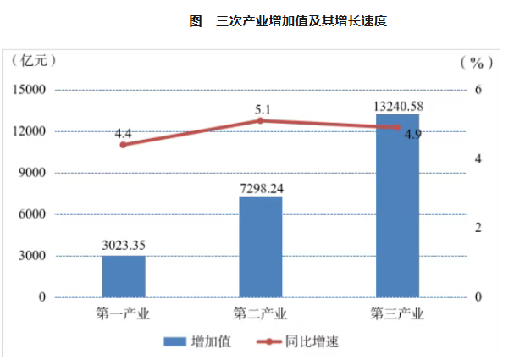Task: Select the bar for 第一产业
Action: click(x=124, y=276)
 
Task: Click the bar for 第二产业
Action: click(x=261, y=246)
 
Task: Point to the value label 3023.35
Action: click(x=124, y=246)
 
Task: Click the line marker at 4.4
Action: click(x=124, y=145)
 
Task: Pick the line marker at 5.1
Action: click(x=261, y=120)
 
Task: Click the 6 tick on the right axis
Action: click(x=478, y=90)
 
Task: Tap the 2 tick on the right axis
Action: click(x=478, y=228)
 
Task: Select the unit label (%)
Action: click(x=476, y=62)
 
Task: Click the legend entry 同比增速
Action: click(x=299, y=341)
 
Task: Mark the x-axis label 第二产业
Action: click(x=261, y=315)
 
